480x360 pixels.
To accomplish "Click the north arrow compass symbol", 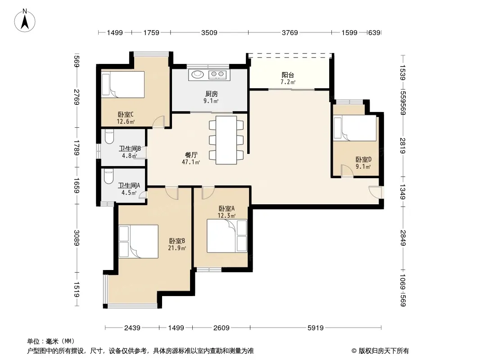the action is point(25,21).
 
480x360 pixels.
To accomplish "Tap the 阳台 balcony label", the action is point(288,75).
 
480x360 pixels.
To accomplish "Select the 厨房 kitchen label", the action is point(212,94).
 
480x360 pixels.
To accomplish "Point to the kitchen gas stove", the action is point(217,74).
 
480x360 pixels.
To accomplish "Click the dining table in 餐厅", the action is point(226,140).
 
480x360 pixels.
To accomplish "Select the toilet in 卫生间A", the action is point(109,177).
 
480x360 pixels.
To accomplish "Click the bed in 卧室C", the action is point(123,85).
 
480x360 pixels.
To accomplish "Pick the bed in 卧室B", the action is point(138,241).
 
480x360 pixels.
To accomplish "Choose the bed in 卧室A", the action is point(227,235).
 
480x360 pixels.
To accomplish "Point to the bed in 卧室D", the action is point(355,128).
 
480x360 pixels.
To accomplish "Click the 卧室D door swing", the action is point(348,171).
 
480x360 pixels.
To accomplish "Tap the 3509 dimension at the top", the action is point(209,32).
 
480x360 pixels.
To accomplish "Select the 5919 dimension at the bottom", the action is point(315,328).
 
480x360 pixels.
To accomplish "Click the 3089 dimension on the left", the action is point(77,238).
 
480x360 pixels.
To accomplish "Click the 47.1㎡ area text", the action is point(191,162).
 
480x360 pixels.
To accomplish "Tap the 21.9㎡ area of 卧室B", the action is point(177,248).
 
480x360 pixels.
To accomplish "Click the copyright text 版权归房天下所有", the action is point(384,351).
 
